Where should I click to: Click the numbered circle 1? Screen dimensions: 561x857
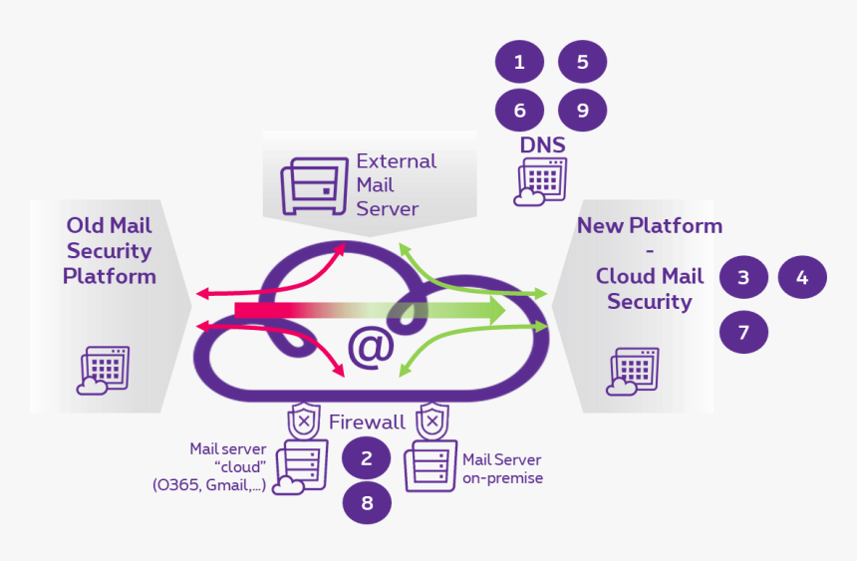[519, 63]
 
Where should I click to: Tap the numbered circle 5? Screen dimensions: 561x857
[582, 63]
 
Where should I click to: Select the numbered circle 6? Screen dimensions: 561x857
[519, 111]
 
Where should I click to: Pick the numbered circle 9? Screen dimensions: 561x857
[582, 111]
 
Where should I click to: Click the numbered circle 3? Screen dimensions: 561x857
[743, 278]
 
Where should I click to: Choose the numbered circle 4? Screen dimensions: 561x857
[802, 278]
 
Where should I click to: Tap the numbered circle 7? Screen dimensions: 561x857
[743, 331]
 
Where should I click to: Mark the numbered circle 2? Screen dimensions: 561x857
[367, 458]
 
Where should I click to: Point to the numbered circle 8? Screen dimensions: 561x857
[367, 503]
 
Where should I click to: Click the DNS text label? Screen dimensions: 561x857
[542, 145]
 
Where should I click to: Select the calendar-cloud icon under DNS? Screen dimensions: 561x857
[538, 182]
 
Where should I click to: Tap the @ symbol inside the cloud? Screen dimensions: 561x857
[371, 346]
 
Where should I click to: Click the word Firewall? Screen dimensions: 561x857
[367, 421]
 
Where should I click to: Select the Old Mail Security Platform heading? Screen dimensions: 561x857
[110, 250]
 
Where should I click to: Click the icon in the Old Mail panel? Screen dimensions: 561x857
[104, 371]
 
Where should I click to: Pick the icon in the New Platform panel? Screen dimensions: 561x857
[633, 372]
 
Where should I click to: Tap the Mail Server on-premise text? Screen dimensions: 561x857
[502, 468]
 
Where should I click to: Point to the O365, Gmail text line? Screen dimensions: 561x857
[209, 486]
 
